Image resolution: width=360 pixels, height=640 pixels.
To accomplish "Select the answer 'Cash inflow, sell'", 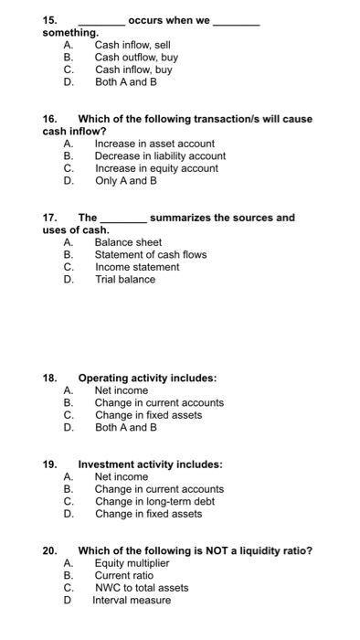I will click(132, 44).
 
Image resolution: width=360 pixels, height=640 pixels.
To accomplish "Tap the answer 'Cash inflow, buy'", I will click(133, 69).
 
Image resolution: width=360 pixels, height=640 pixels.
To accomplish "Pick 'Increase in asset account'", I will click(154, 144).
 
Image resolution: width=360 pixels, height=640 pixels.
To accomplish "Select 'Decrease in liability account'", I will click(160, 156).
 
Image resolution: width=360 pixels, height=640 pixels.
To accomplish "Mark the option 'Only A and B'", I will click(126, 181).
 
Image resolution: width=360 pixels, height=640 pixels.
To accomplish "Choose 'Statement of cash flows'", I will click(151, 255).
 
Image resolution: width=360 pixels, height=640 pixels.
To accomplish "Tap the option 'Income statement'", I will click(137, 267).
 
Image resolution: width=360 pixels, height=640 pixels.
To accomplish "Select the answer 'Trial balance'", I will click(125, 280).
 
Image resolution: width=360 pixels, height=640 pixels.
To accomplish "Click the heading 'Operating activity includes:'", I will click(147, 378).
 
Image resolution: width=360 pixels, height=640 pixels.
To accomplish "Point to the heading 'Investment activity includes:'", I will click(150, 464).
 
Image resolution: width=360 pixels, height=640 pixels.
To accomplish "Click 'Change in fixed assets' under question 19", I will click(148, 514).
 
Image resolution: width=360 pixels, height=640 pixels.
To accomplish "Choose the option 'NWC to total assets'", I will click(142, 588).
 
